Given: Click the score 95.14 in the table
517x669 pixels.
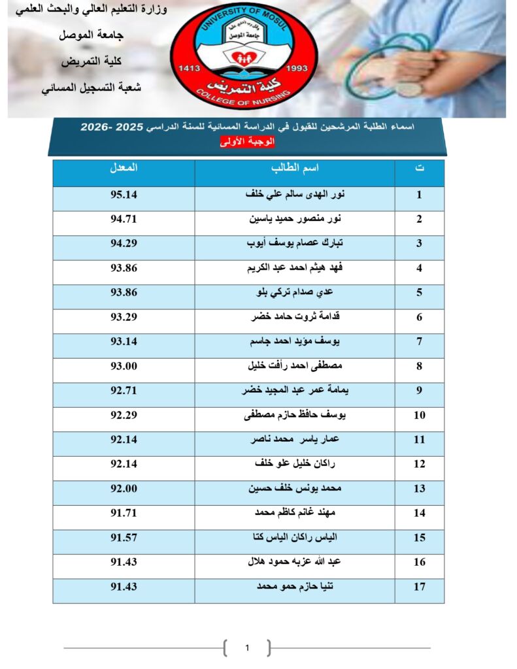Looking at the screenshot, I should point(124,195).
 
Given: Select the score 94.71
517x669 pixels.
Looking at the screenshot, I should point(124,220).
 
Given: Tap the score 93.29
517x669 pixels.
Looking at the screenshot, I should point(124,318).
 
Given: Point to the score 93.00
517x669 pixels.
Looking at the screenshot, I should point(124,367).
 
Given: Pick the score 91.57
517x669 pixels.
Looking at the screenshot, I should point(124,538).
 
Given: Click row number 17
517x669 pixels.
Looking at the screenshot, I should point(420,587).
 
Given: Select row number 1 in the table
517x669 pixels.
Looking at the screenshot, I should point(420,195).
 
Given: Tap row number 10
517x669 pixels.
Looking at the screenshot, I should point(420,416).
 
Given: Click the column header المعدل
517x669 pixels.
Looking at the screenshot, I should point(124,168).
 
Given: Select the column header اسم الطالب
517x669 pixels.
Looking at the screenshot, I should point(295,168).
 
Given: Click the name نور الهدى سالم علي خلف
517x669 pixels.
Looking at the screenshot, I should point(295,195).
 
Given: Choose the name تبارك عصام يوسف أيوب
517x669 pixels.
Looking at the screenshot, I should point(295,244).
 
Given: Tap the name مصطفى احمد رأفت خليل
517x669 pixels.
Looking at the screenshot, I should point(295,367).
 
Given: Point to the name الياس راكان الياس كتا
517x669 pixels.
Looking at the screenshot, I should point(295,538).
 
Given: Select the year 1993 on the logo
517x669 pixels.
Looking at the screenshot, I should point(297,68).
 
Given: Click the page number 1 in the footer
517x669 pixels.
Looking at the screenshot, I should point(247,648).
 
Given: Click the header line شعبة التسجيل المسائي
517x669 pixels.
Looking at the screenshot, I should point(92,87).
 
